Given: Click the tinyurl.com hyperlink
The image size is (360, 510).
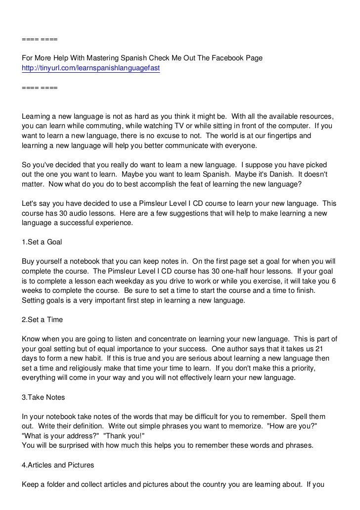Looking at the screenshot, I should click(x=91, y=68).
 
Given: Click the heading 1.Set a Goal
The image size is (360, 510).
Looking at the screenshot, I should click(x=42, y=243).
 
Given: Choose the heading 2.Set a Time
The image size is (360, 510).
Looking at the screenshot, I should click(x=43, y=320).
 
